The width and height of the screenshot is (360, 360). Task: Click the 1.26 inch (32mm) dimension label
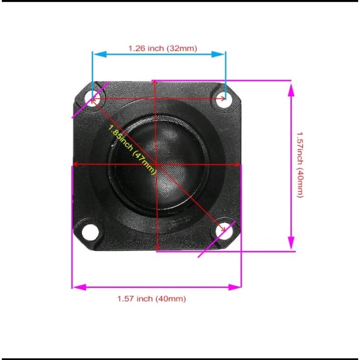[x=163, y=49]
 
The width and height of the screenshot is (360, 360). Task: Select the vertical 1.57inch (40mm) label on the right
[x=300, y=165]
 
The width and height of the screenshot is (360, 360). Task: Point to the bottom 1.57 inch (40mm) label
[x=151, y=299]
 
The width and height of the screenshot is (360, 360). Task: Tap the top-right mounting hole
[x=224, y=100]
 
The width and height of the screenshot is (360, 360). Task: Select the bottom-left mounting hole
[x=90, y=232]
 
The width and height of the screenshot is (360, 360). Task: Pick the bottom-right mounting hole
[x=224, y=230]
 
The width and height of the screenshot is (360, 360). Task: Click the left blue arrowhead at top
[x=100, y=55]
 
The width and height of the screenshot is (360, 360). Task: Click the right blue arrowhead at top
[x=218, y=55]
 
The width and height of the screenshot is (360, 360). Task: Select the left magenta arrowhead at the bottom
[x=80, y=287]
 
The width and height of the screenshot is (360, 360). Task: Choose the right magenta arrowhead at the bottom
[x=235, y=287]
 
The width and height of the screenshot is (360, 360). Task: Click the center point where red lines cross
[x=156, y=164]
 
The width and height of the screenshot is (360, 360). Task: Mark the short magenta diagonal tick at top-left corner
[x=90, y=100]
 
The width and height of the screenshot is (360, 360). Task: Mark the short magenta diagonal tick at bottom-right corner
[x=217, y=239]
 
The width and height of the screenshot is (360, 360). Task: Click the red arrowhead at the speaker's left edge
[x=76, y=164]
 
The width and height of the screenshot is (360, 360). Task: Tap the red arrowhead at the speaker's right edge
[x=236, y=165]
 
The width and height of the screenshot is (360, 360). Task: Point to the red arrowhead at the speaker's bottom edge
[x=157, y=247]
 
